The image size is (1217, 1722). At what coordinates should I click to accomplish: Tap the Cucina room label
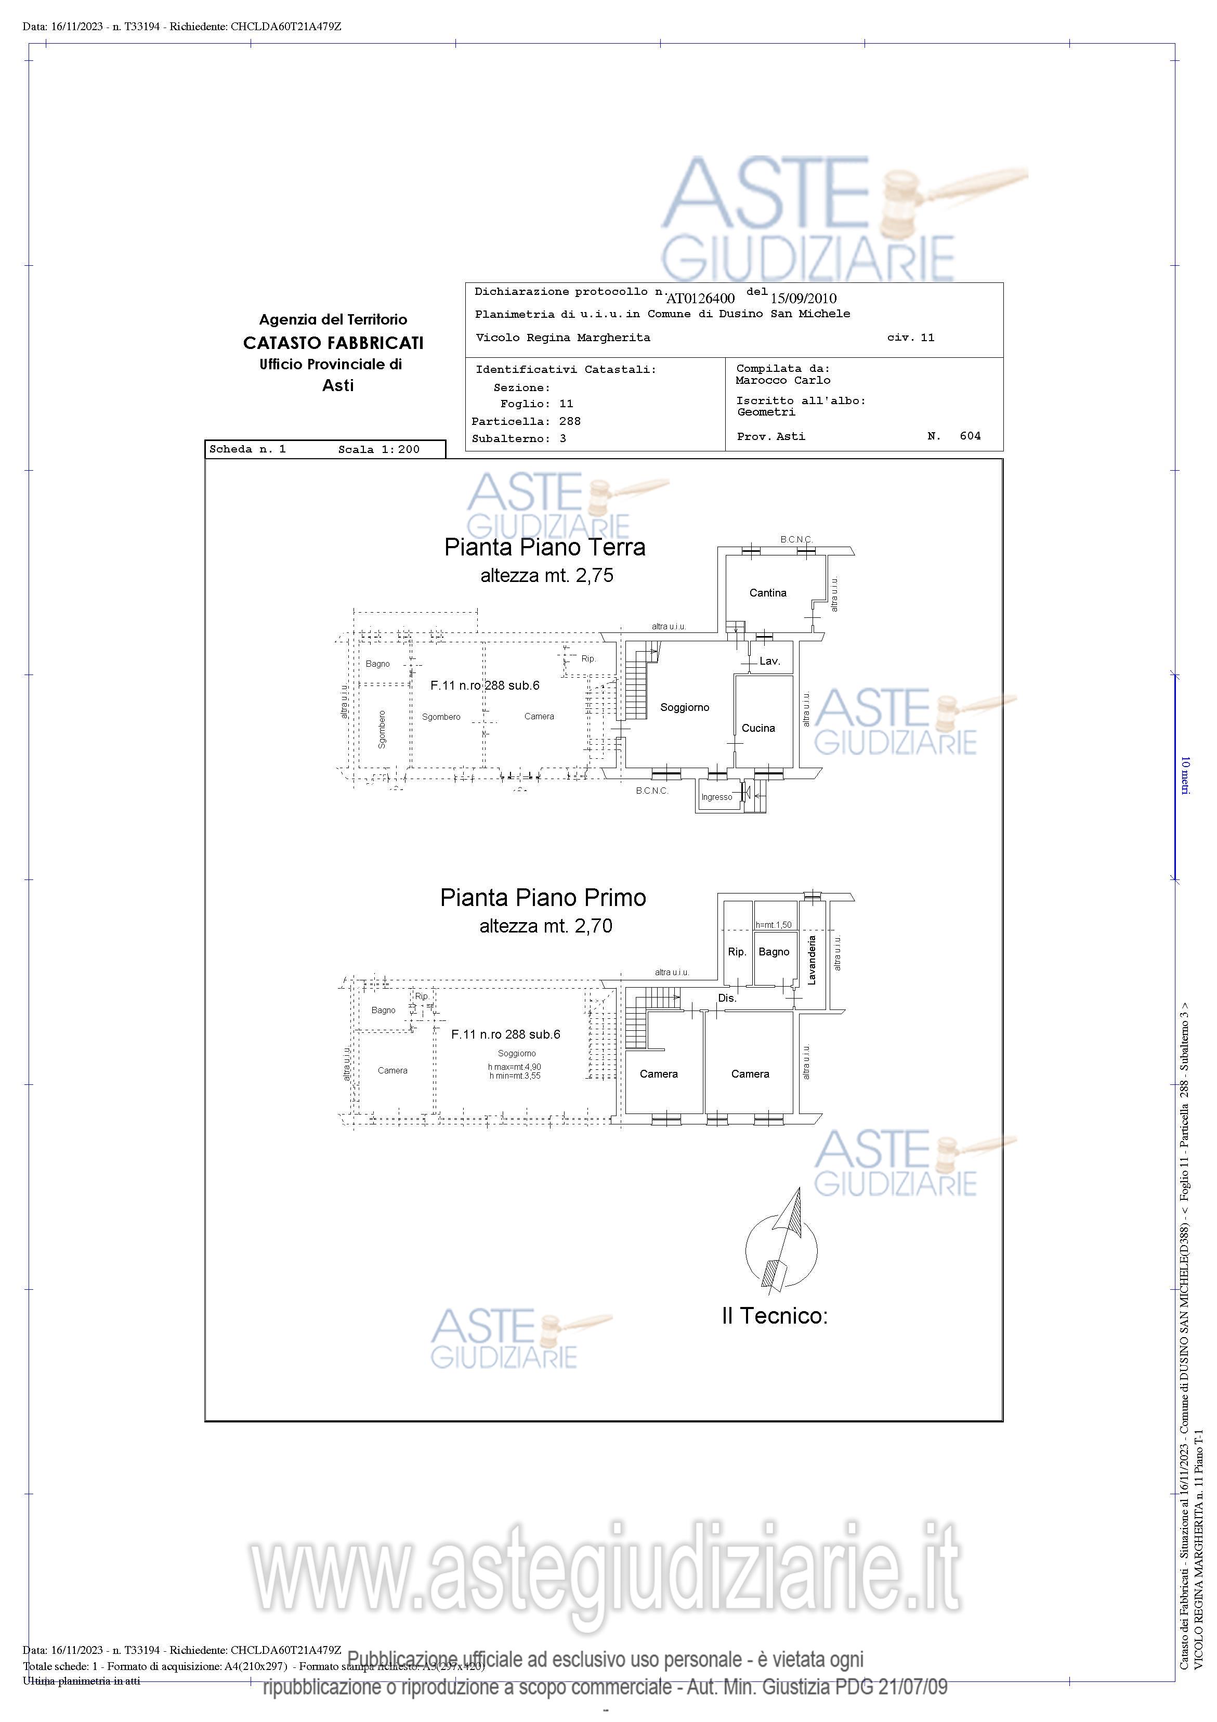point(758,728)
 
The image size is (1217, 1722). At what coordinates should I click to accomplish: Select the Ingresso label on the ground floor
point(716,797)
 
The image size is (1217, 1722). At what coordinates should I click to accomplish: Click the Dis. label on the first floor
point(727,998)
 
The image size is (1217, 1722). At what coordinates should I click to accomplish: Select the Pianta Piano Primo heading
point(543,898)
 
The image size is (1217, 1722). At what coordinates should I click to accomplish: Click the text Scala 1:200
point(378,450)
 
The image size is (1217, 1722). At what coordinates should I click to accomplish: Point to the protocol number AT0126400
point(700,299)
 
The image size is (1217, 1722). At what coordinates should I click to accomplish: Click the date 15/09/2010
point(803,299)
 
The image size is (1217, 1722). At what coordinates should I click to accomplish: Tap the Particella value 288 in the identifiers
point(570,421)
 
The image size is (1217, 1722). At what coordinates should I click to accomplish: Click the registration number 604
point(970,436)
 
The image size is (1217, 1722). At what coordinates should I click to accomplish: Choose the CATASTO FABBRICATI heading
point(333,343)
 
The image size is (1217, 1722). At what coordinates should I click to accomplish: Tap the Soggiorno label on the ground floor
point(685,707)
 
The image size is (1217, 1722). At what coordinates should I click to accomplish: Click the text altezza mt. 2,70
point(546,926)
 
